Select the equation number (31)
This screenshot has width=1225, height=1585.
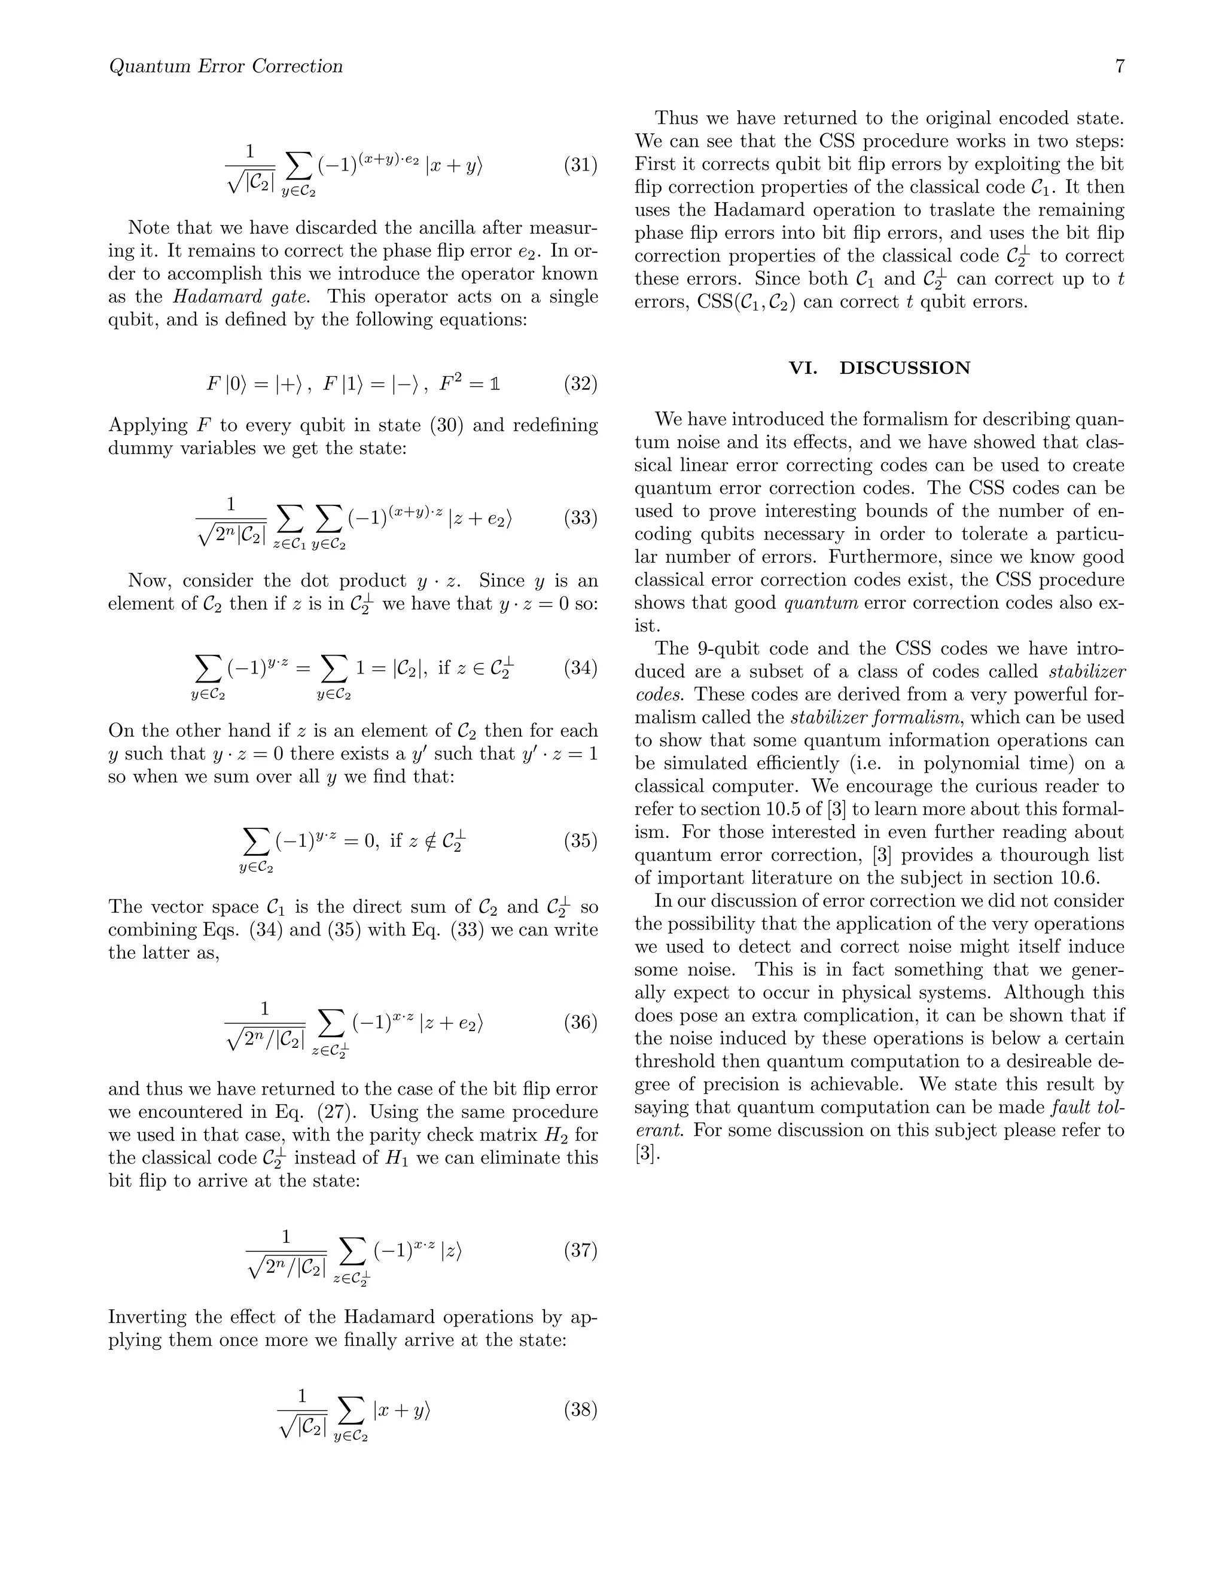pyautogui.click(x=581, y=166)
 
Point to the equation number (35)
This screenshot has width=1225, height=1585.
pyautogui.click(x=581, y=841)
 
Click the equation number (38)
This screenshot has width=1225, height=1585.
pyautogui.click(x=581, y=1410)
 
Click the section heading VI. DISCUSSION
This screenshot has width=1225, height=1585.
pyautogui.click(x=879, y=368)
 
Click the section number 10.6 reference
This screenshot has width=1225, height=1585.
pyautogui.click(x=1078, y=878)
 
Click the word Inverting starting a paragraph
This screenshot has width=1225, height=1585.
pyautogui.click(x=150, y=1316)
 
